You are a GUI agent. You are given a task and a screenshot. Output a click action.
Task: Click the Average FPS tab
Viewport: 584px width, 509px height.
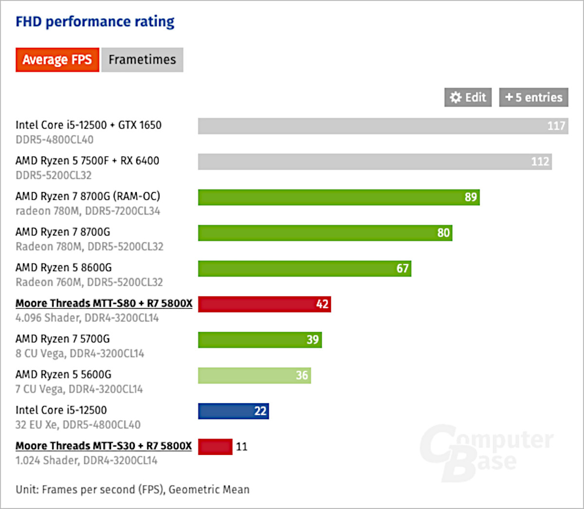[57, 60]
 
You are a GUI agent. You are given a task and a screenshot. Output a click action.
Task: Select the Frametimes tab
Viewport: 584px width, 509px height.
[142, 60]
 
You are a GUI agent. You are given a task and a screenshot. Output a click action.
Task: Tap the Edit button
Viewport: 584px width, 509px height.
[468, 98]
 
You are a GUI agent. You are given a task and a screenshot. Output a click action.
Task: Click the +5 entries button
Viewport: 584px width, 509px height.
[533, 98]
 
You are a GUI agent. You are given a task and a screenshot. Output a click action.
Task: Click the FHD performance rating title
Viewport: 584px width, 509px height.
[95, 22]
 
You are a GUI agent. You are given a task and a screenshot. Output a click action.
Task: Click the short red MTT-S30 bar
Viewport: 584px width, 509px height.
[215, 447]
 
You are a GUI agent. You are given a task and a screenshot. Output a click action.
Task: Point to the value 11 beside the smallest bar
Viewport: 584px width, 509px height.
[242, 447]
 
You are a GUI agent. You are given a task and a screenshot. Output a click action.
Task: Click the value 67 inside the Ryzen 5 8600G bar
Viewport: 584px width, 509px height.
[402, 269]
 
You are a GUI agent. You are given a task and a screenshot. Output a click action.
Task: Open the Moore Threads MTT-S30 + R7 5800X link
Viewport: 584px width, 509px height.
[104, 446]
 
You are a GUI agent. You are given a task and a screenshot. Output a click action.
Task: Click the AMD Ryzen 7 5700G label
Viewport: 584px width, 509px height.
[63, 339]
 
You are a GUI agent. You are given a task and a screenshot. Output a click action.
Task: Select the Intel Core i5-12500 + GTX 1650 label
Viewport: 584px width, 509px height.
[89, 125]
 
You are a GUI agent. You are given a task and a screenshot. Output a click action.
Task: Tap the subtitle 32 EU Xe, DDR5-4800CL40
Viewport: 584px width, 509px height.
[78, 425]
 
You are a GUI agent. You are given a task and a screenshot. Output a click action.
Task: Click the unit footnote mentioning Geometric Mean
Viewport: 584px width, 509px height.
[132, 489]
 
